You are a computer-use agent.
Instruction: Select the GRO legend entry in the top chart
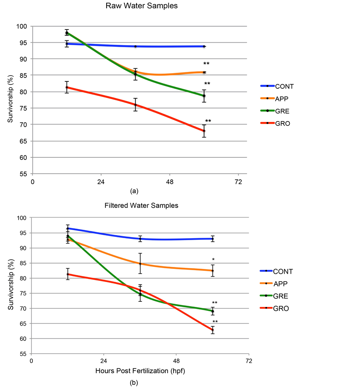(x=282, y=123)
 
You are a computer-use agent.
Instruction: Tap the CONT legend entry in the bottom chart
(x=283, y=271)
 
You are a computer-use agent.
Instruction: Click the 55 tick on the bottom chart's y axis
(x=24, y=354)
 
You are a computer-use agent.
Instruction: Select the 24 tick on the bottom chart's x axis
(x=103, y=361)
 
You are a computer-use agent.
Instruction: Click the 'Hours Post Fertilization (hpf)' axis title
(x=140, y=371)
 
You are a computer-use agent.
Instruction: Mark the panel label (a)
(x=134, y=191)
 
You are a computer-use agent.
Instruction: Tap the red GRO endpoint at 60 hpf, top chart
(x=204, y=131)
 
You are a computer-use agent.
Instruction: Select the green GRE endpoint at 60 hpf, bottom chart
(x=213, y=311)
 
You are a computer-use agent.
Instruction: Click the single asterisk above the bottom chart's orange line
(x=213, y=260)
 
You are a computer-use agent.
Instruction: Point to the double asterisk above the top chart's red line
(x=208, y=121)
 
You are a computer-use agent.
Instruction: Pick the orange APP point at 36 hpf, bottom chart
(x=140, y=264)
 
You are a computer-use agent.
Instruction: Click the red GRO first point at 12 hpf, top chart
(x=67, y=87)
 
